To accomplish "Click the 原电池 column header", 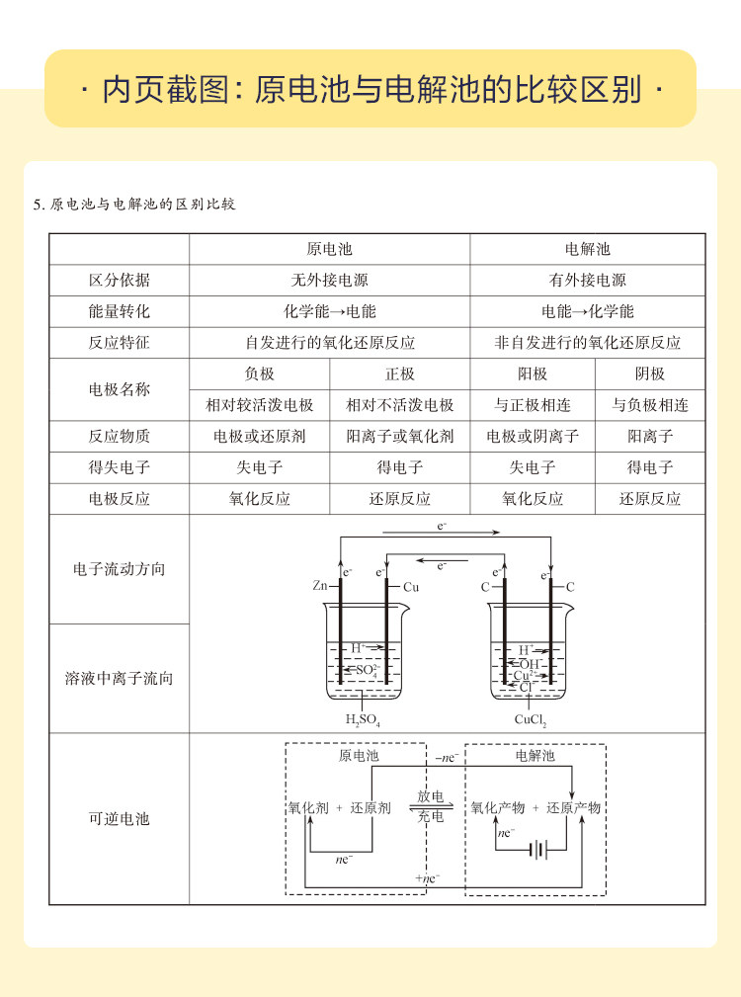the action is coord(329,249).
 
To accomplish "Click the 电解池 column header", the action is coord(588,249).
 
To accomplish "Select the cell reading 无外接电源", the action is coord(329,281).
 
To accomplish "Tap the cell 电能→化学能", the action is coord(588,311).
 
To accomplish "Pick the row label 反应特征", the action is coord(119,343).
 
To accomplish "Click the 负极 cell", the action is coord(259,374).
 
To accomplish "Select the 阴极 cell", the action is coord(650,374).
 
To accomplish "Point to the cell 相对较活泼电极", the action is coord(259,405).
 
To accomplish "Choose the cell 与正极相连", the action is coord(533,405).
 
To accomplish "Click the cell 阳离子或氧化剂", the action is coord(399,436).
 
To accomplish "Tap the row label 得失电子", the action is coord(119,467).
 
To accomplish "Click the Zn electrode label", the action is coord(320,586).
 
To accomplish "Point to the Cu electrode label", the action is coord(411,586).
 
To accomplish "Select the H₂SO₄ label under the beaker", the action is coord(363,720).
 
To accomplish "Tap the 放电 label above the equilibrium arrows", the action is coord(430,796).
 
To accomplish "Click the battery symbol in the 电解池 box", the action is coord(538,849).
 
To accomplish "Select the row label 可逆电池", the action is coord(119,819).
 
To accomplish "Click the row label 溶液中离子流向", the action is coord(119,679).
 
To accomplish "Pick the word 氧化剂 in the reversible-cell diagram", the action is coord(307,807).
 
